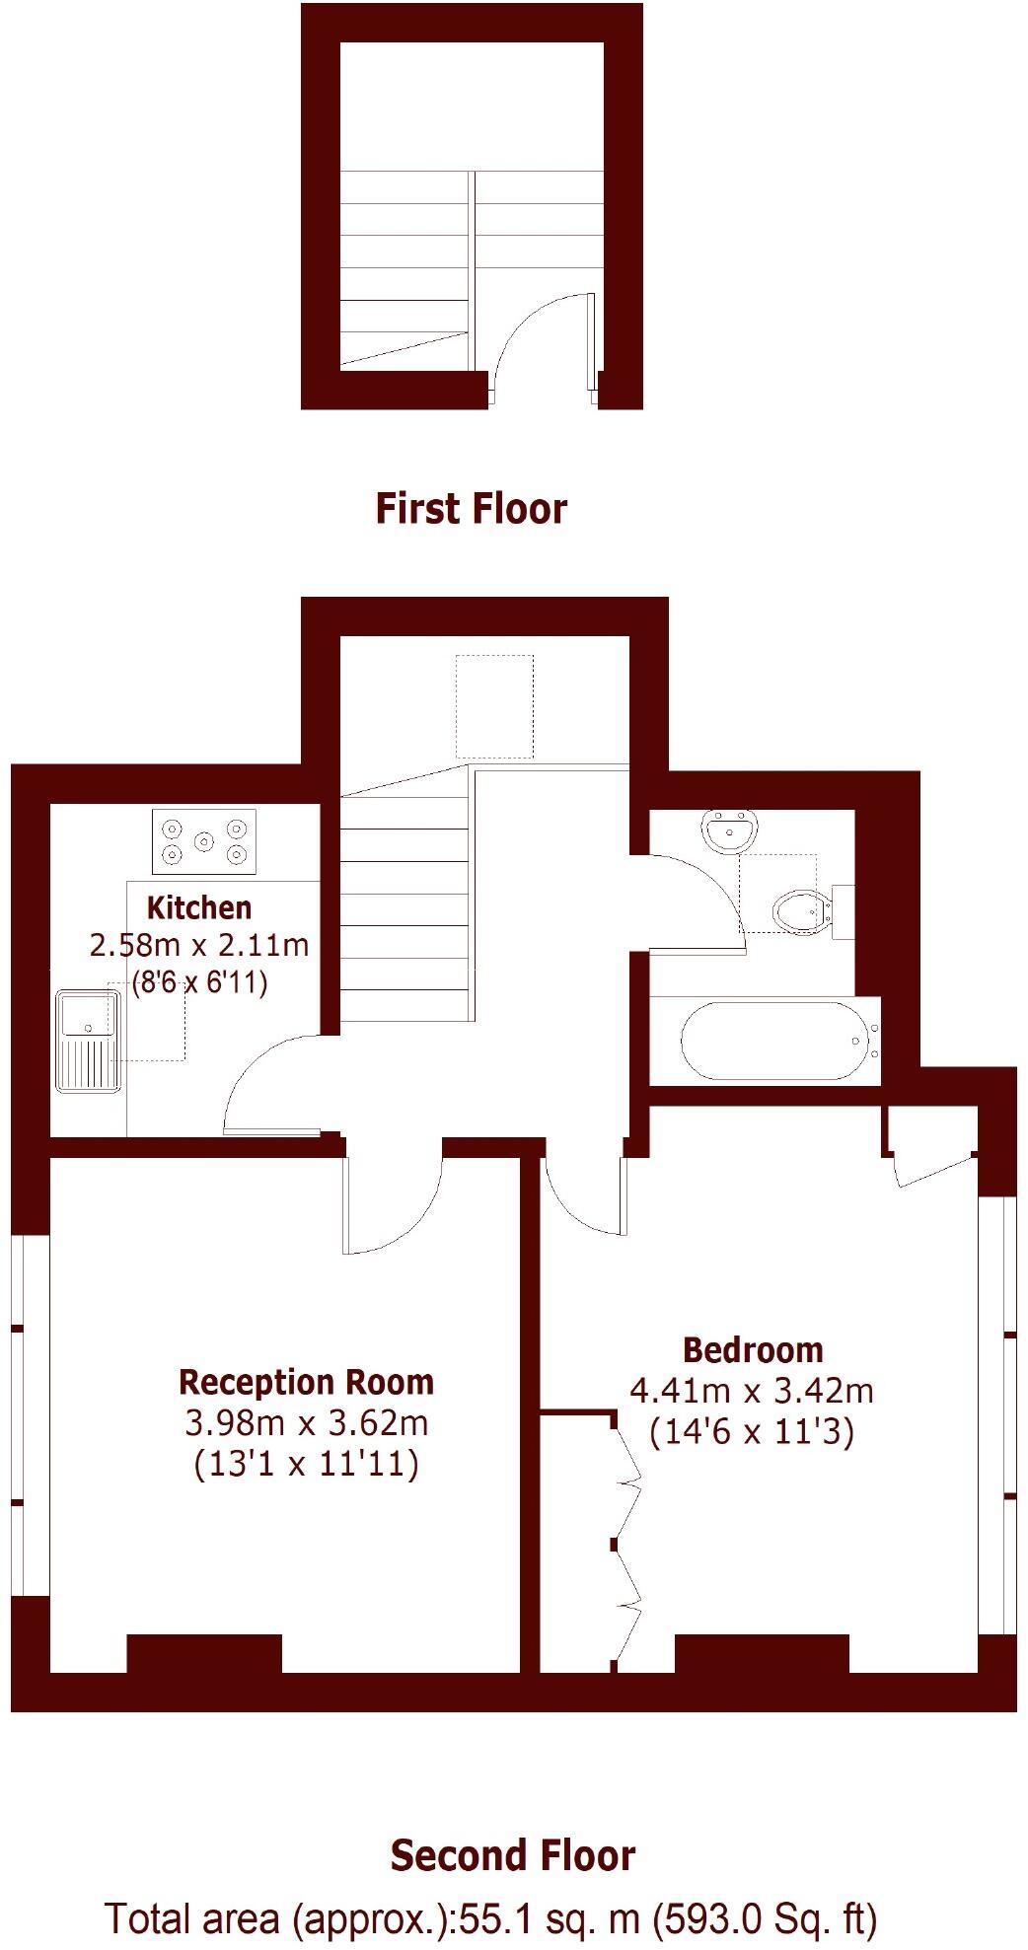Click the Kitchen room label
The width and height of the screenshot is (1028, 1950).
(x=199, y=907)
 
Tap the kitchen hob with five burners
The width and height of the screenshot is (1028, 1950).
(x=204, y=841)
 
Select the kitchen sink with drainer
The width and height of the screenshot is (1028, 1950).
(x=88, y=1041)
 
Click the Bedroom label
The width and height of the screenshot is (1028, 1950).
(x=753, y=1349)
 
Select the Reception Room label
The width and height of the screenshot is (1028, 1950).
(x=306, y=1382)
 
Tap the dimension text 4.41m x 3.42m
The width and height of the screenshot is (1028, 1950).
(x=752, y=1391)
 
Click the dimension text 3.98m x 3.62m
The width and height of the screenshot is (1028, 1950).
(x=306, y=1423)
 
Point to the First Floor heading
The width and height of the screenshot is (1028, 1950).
(x=471, y=509)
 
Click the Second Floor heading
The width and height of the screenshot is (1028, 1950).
(x=513, y=1855)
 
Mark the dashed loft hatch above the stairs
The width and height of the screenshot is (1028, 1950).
(x=494, y=705)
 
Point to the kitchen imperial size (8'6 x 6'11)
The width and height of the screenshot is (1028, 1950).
(x=199, y=982)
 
